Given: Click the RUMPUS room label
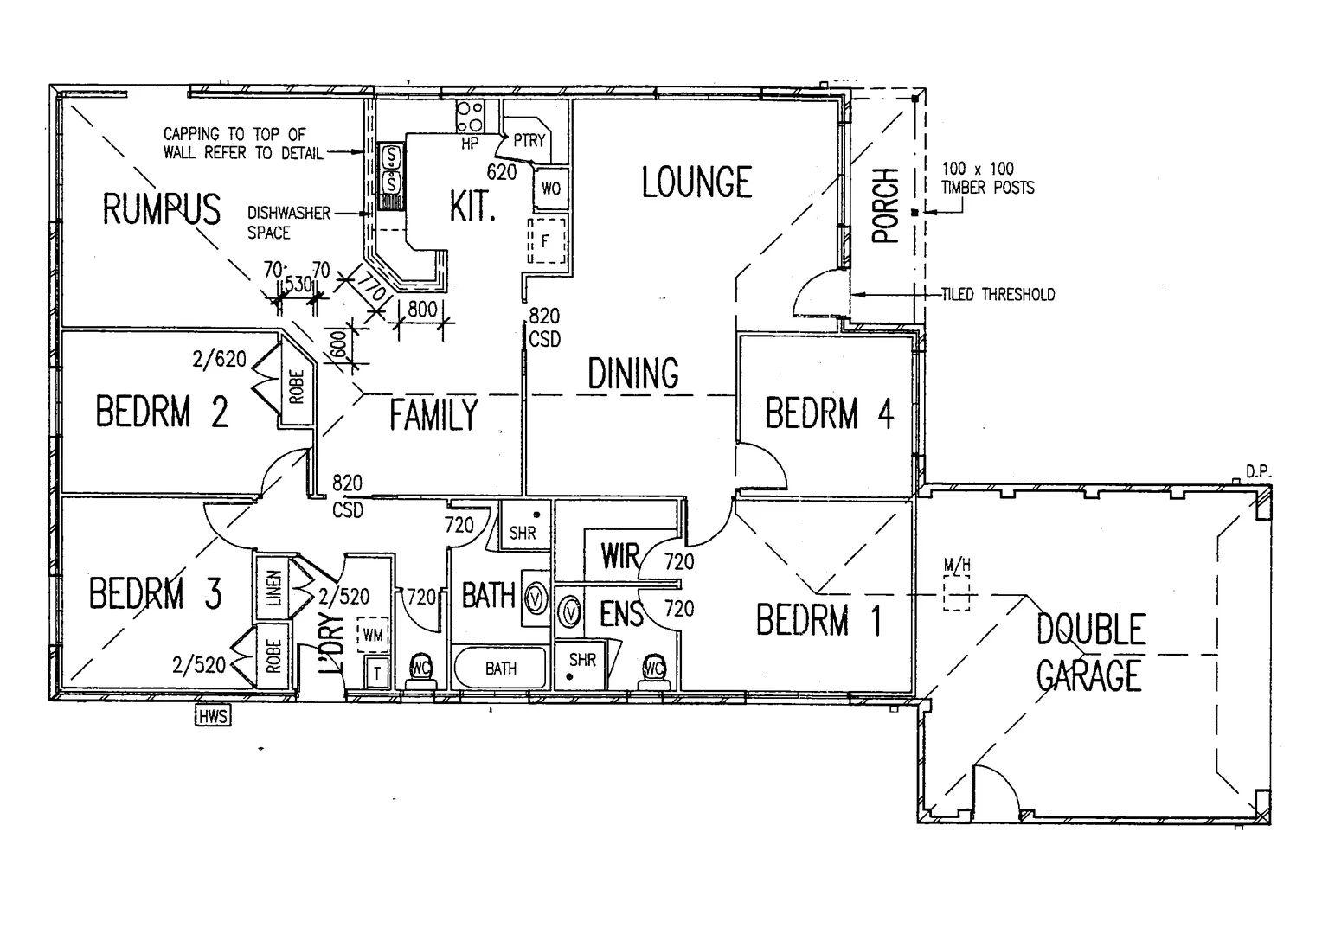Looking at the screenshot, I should click(162, 209).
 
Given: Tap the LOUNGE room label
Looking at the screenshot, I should click(696, 182).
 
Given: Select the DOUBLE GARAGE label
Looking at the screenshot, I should click(1089, 653).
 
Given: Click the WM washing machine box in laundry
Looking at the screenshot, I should click(373, 635).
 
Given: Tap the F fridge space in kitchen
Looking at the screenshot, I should click(546, 241).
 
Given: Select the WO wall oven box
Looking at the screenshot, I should click(550, 189).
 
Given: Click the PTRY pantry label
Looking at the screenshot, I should click(529, 140).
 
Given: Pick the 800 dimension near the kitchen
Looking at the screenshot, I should click(421, 309).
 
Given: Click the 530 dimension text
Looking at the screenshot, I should click(298, 284).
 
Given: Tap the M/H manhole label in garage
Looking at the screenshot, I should click(957, 566).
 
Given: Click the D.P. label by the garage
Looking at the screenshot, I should click(1256, 472).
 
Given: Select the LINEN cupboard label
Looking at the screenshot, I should click(273, 587).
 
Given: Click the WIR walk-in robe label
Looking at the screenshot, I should click(619, 557).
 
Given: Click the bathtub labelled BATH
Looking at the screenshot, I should click(500, 669).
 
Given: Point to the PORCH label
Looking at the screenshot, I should click(886, 206).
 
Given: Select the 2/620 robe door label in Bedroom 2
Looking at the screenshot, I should click(220, 358).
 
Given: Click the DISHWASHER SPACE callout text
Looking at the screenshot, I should click(288, 222).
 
